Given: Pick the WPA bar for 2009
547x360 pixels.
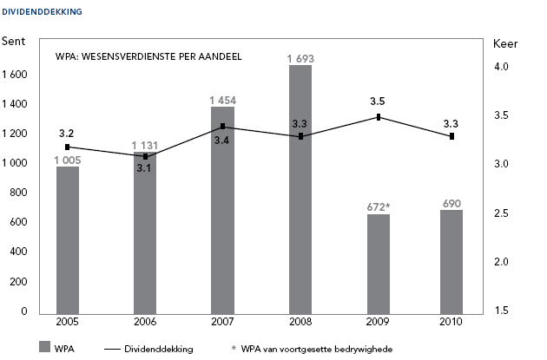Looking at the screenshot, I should pos(378,264).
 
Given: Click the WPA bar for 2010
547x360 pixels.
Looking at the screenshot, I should pos(451,261).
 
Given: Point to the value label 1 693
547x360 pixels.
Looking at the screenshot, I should pos(300,58).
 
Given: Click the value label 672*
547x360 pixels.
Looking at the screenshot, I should pos(379,206).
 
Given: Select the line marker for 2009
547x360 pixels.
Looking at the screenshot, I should pos(379,117).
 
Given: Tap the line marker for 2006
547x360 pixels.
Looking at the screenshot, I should pos(145,156).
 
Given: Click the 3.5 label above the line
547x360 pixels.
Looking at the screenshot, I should pos(379,101).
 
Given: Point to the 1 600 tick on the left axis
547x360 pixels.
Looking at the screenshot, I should pos(16,75).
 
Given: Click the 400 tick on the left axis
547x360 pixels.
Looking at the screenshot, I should pos(22,252).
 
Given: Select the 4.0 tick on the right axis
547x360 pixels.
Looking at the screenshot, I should pos(501,67).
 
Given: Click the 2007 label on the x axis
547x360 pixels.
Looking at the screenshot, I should pos(222,323).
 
